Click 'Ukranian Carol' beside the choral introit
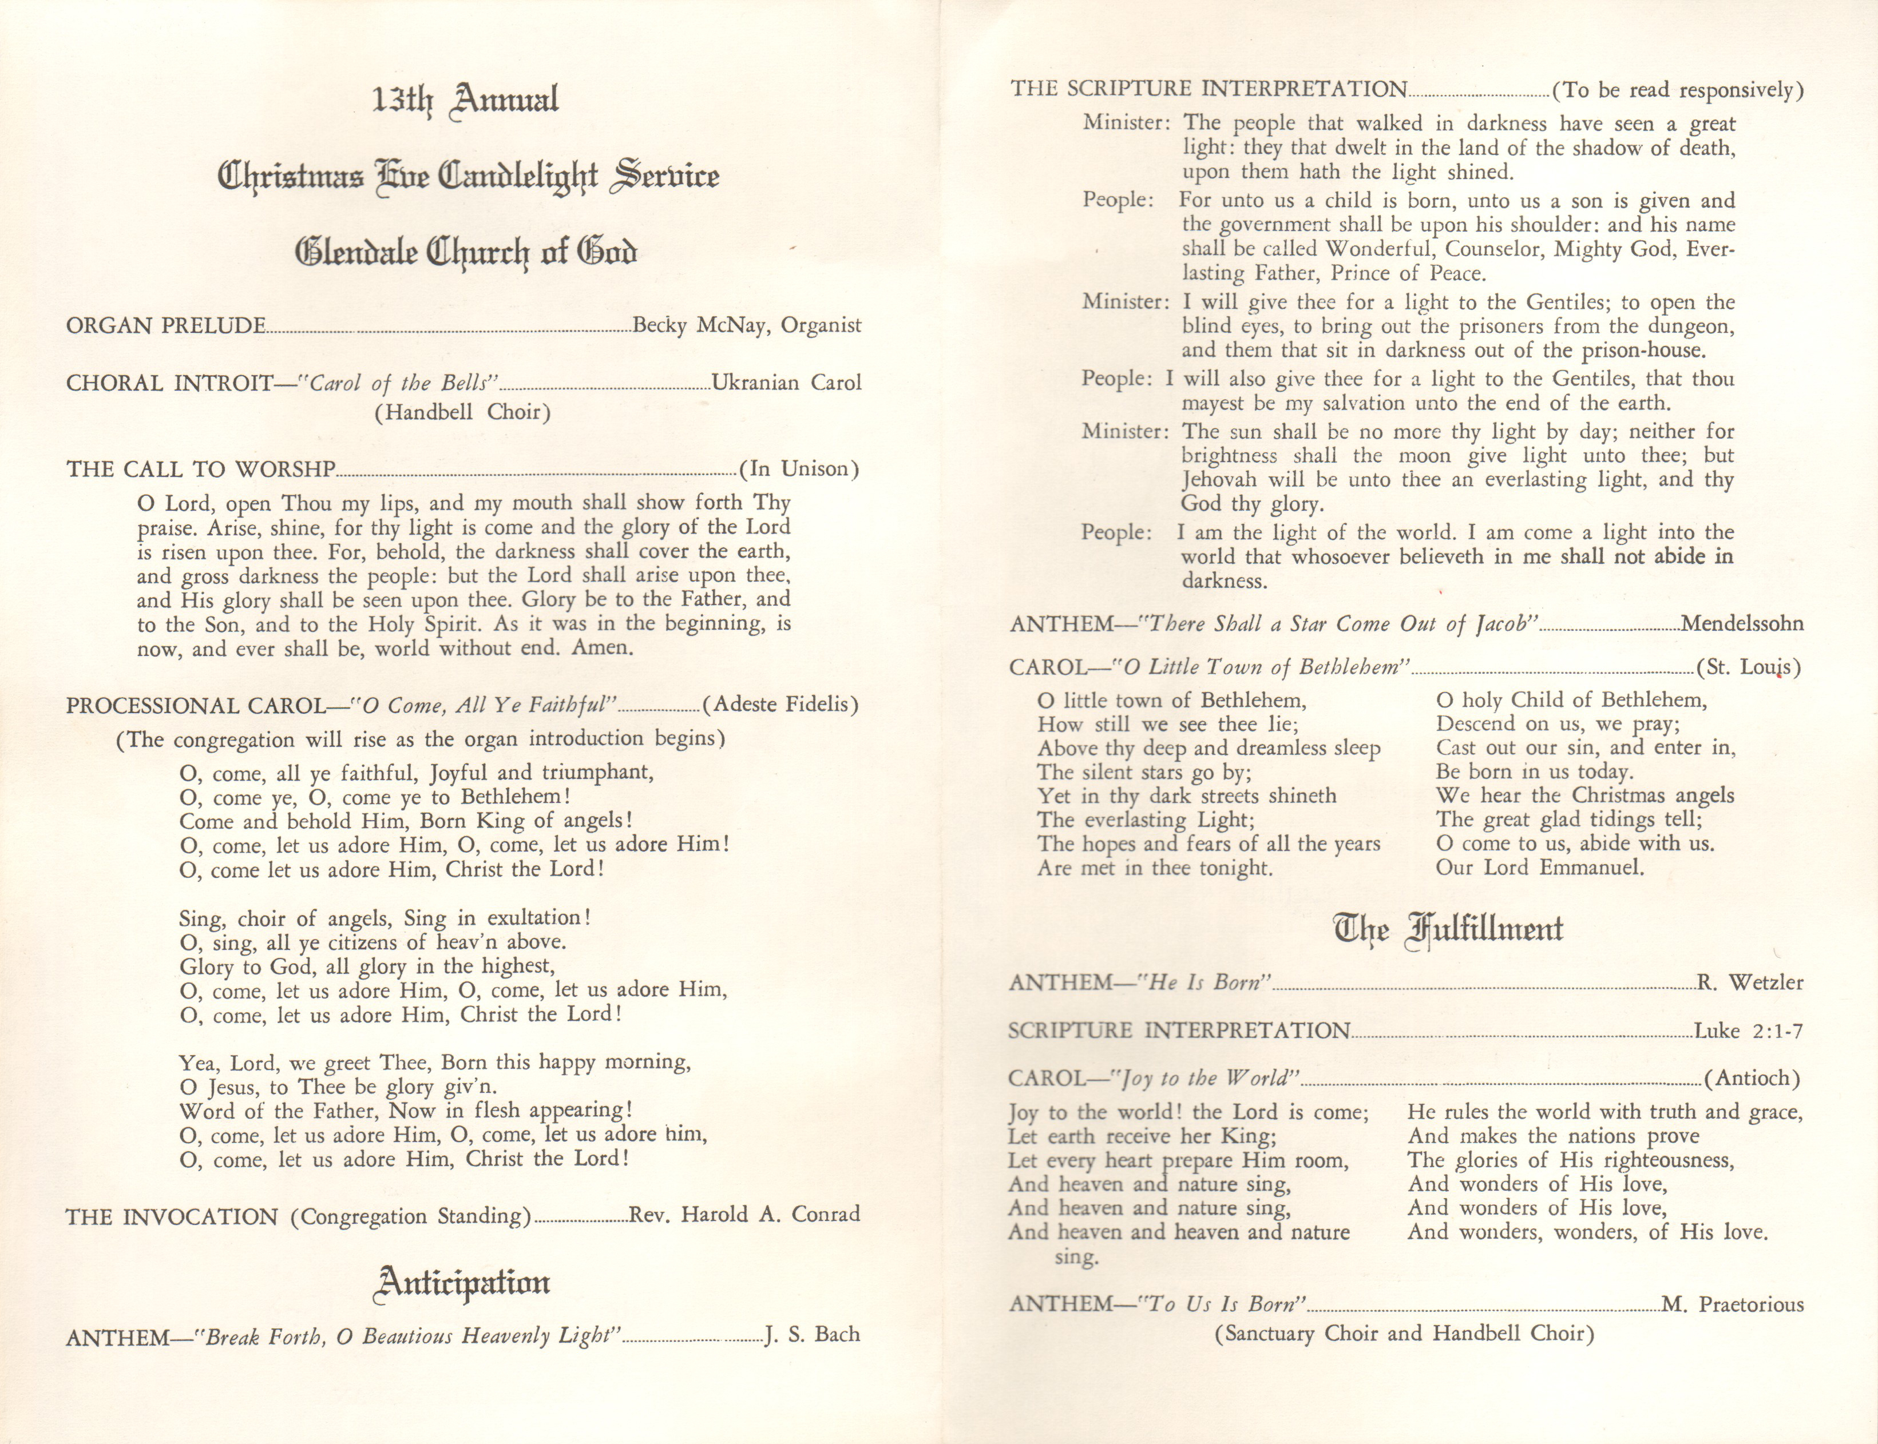coord(786,383)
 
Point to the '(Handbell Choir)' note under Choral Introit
coord(462,412)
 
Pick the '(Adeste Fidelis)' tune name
coord(780,705)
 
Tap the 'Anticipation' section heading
coord(462,1283)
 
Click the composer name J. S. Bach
coord(812,1334)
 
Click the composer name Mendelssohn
coord(1741,623)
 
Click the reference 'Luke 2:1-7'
coord(1748,1030)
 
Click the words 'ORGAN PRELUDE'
coord(166,326)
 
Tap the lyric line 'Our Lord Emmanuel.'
coord(1539,868)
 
